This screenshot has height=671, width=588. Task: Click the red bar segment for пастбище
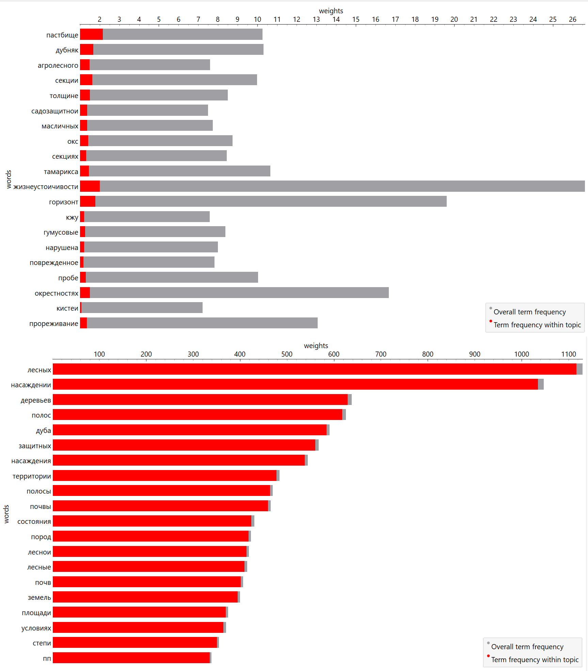(91, 34)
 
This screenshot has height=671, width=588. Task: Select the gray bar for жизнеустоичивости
(342, 186)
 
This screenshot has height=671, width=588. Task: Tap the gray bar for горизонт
(271, 201)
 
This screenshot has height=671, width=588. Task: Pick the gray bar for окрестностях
(239, 293)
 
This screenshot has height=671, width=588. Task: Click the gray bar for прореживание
(202, 323)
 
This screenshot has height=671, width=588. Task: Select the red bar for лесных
(314, 369)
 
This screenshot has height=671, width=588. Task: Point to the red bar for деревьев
(200, 400)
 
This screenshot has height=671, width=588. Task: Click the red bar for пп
(131, 658)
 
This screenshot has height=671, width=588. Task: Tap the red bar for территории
(164, 475)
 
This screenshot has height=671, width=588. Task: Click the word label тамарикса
(61, 172)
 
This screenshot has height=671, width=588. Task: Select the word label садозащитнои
(55, 111)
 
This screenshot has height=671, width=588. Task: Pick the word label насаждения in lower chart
(31, 461)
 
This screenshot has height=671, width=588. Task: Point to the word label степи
(42, 643)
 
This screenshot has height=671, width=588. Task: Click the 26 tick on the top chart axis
(573, 19)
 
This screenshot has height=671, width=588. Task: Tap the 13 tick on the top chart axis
(316, 19)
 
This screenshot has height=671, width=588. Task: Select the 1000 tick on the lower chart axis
(522, 354)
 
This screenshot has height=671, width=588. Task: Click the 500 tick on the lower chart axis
(287, 354)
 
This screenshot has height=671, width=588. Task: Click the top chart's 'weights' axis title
(331, 11)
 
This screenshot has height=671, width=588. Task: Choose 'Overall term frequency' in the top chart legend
(529, 312)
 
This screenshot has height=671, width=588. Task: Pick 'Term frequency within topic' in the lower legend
(535, 660)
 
